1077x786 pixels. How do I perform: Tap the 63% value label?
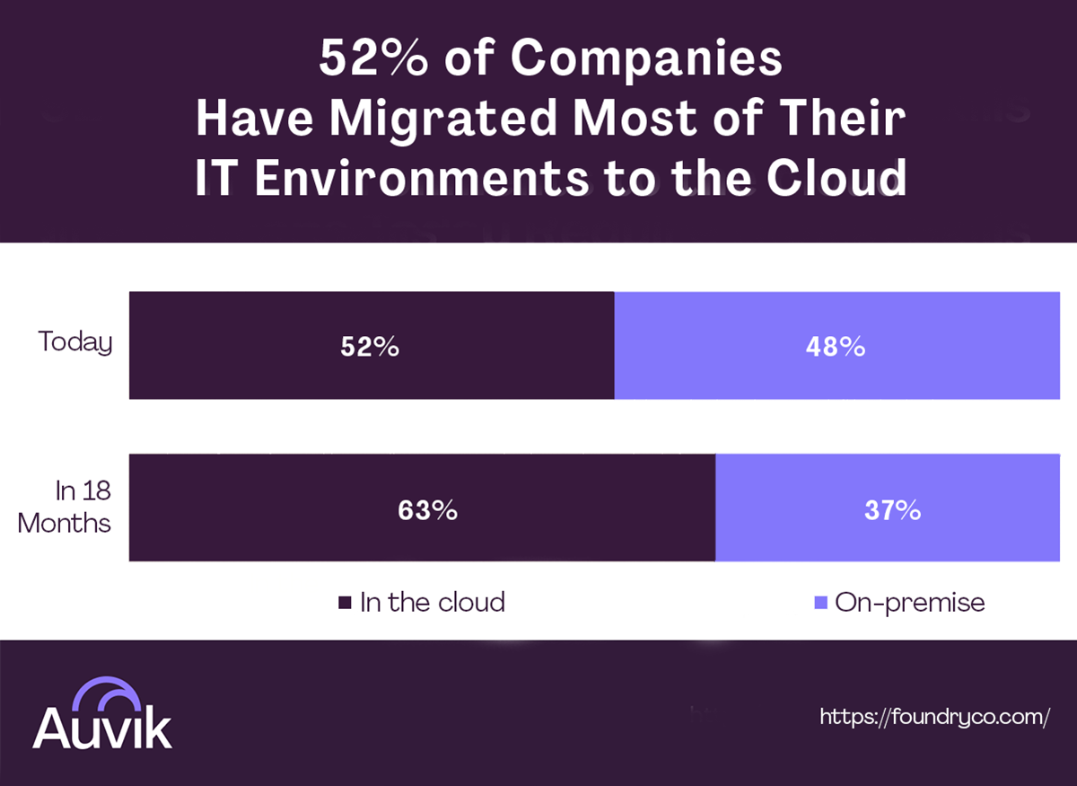coord(427,510)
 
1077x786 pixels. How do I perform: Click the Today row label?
coord(75,342)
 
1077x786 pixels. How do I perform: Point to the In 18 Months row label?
coord(65,508)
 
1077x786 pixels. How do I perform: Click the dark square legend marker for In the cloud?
coord(345,603)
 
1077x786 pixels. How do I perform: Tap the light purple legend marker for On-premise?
coord(819,603)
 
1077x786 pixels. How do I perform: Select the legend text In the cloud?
coord(433,602)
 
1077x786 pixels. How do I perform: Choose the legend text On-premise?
coord(909,602)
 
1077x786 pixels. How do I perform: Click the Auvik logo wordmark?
coord(102,728)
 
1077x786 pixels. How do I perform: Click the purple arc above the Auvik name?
coord(104,693)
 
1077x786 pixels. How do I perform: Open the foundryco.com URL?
coord(934,716)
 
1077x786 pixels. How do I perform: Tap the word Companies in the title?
coord(646,60)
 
